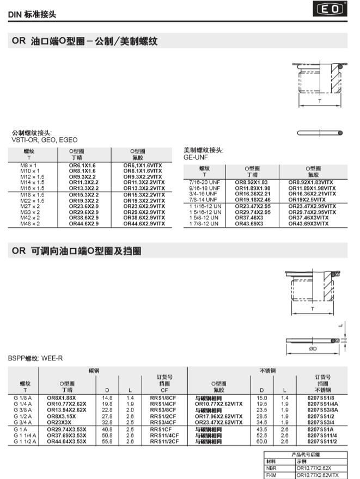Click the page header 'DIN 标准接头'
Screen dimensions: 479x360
click(x=32, y=15)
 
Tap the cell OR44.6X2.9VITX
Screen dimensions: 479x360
click(x=144, y=224)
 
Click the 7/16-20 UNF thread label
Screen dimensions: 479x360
click(x=204, y=182)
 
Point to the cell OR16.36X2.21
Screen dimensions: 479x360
click(x=253, y=194)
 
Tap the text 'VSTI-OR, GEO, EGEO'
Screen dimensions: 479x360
click(x=44, y=139)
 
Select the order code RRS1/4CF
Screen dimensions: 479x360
click(x=163, y=404)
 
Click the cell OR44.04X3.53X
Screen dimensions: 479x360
click(x=66, y=441)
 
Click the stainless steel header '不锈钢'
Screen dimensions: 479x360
click(x=268, y=370)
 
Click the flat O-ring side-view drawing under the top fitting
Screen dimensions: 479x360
click(x=320, y=132)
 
